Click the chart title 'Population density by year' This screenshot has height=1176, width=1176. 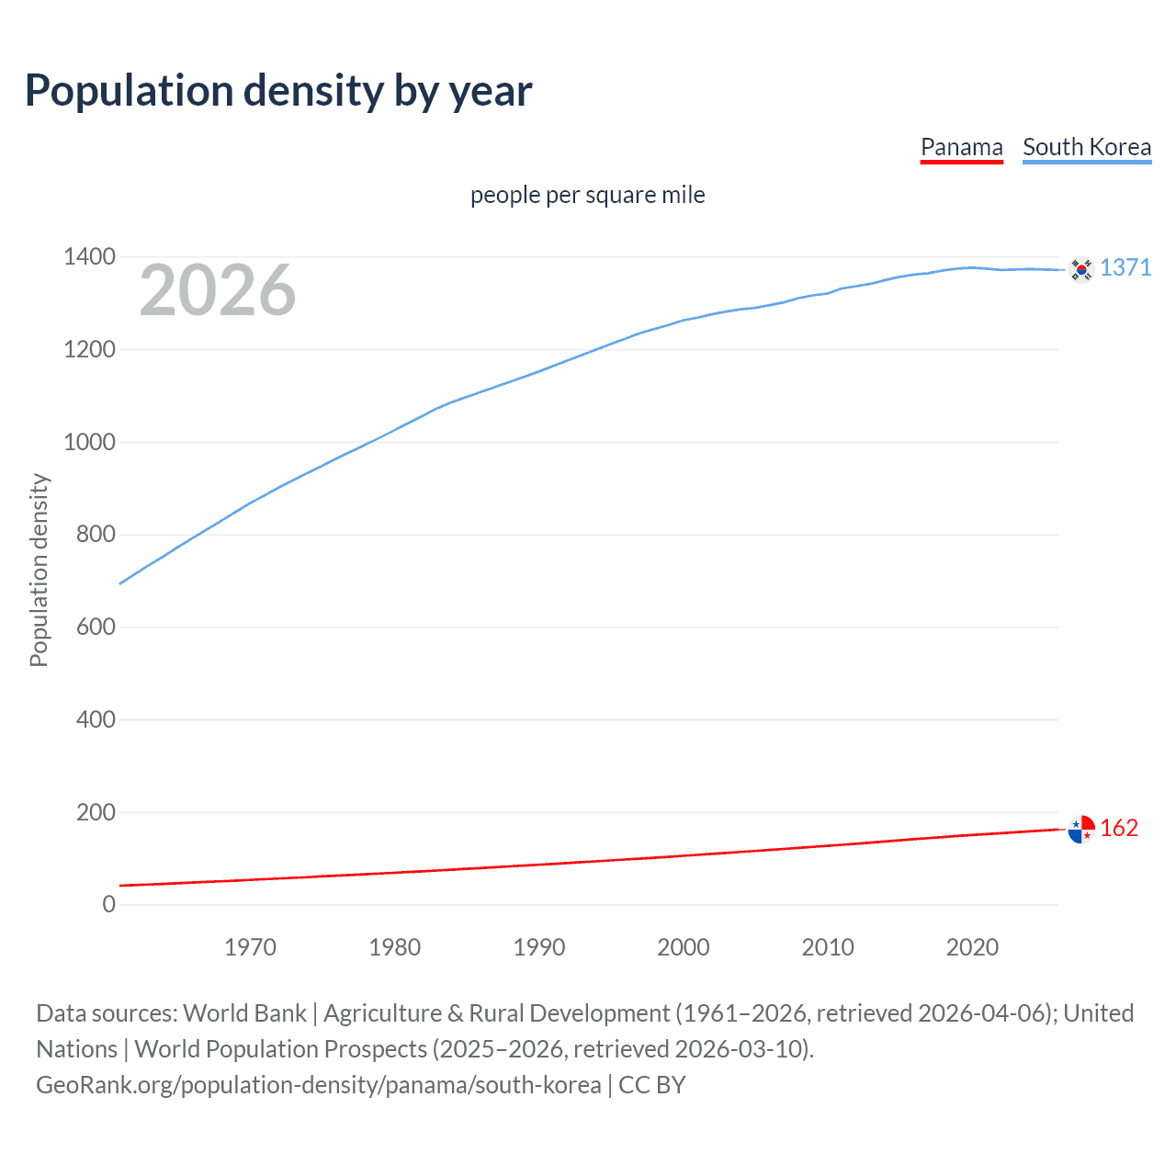click(278, 90)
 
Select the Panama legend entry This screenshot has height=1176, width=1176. click(961, 147)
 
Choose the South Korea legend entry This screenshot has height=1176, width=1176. click(1086, 147)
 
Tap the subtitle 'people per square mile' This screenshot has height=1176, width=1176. click(587, 195)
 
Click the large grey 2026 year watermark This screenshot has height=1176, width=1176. click(218, 290)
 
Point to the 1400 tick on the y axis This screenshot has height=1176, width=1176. click(89, 256)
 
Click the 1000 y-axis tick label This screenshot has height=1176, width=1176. click(89, 442)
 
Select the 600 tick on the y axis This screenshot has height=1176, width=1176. click(96, 627)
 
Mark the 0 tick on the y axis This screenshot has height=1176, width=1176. click(109, 904)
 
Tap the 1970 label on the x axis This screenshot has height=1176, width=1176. click(250, 947)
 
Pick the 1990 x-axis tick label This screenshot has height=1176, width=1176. click(539, 947)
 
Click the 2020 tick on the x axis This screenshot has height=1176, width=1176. click(972, 947)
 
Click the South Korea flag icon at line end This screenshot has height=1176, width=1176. click(1081, 269)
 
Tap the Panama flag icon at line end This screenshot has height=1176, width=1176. click(1081, 829)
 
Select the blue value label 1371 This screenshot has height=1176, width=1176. click(1125, 267)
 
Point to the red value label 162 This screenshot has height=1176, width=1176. click(1119, 828)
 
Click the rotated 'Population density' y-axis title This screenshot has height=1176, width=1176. click(39, 570)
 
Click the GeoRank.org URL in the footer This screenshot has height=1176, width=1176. click(318, 1084)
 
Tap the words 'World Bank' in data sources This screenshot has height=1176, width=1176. click(244, 1012)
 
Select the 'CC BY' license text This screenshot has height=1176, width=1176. click(652, 1084)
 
